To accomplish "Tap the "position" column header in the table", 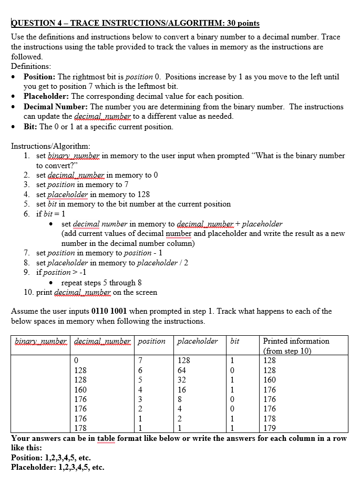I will pos(151,341).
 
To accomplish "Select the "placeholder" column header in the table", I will pos(198,341).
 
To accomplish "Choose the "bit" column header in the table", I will pos(235,341).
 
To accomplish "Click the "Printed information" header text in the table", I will pos(296,341).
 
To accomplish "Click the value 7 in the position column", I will pos(140,361).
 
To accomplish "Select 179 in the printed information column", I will pos(270,429).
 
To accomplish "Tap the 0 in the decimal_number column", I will pos(76,361).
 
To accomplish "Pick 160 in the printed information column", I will pos(270,380).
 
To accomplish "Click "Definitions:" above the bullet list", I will pos(31,66).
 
